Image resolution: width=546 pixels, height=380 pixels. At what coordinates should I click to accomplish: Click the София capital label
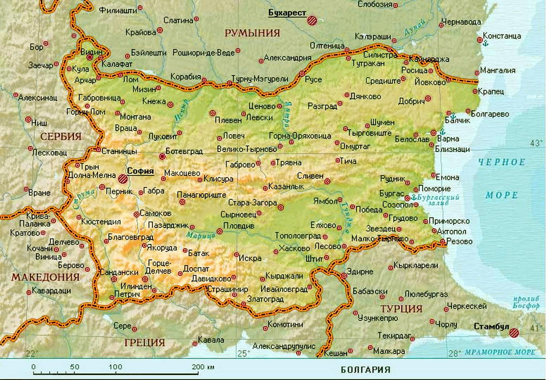(x=140, y=172)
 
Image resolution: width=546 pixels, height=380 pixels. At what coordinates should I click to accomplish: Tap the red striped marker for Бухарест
(x=312, y=20)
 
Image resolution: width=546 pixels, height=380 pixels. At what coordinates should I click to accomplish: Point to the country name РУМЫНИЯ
(x=252, y=33)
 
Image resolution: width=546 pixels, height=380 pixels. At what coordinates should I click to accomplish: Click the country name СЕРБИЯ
(x=61, y=136)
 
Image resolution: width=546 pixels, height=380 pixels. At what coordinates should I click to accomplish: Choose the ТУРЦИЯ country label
(x=401, y=309)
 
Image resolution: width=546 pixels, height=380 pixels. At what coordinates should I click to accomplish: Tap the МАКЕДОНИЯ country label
(x=45, y=277)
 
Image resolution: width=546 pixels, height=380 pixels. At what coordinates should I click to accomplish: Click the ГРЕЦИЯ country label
(x=144, y=342)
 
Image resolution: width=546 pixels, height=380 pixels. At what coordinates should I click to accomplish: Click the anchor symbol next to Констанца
(x=485, y=43)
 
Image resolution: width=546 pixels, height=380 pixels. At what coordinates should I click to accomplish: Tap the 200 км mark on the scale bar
(x=198, y=367)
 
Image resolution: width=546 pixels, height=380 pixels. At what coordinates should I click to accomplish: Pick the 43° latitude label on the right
(x=537, y=143)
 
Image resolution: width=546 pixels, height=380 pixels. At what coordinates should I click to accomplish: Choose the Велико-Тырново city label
(x=247, y=149)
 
